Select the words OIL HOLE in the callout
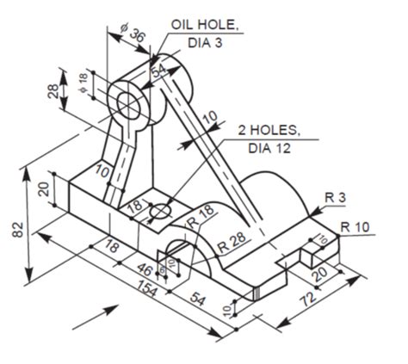point(203,25)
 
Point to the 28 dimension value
point(53,90)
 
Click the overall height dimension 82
point(17,229)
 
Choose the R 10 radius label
point(355,226)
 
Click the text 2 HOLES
point(269,131)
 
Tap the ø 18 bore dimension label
point(83,82)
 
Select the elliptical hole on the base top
point(160,211)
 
